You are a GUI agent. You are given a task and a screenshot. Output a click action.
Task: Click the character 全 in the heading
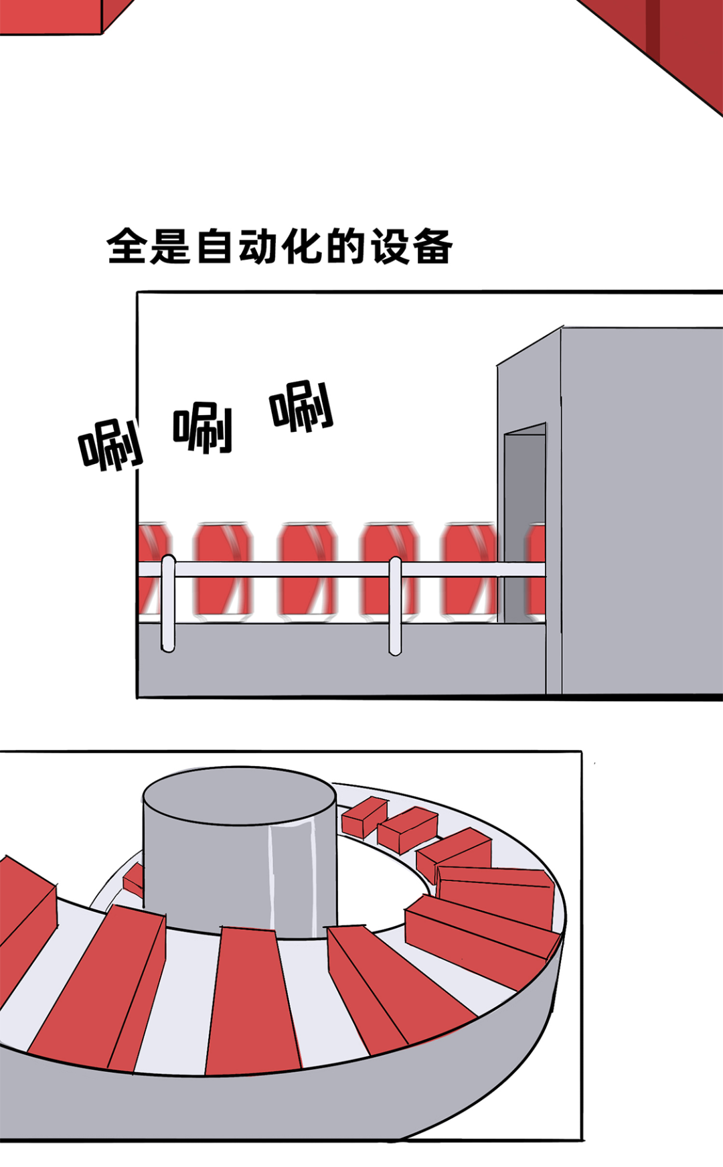[x=127, y=246]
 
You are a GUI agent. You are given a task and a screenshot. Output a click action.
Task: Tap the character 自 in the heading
[x=215, y=246]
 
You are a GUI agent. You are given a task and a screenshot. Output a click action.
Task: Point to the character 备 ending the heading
[x=432, y=246]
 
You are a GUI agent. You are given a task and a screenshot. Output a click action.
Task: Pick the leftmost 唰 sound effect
[x=111, y=444]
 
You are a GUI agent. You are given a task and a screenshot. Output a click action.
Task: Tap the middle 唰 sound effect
[x=203, y=428]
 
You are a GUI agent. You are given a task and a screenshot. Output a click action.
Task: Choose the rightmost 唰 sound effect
[x=301, y=406]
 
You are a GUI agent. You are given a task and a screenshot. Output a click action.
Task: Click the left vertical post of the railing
[x=168, y=603]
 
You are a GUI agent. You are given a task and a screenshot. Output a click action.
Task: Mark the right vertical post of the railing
[x=395, y=605]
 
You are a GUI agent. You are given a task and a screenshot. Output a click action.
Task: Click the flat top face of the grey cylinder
[x=239, y=795]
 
